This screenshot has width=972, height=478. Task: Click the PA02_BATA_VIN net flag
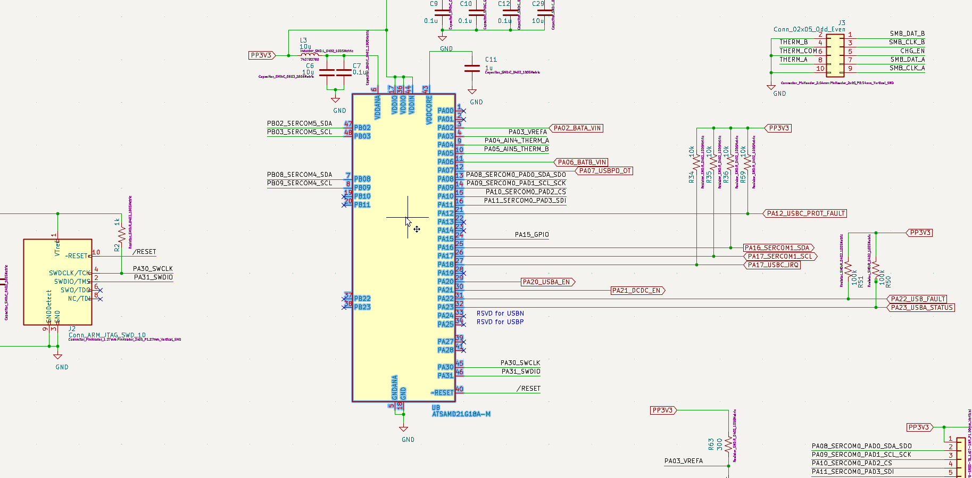pyautogui.click(x=577, y=128)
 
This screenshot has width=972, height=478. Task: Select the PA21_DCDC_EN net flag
pyautogui.click(x=637, y=291)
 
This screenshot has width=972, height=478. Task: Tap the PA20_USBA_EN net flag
pyautogui.click(x=547, y=282)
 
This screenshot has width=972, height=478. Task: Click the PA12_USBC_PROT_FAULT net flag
pyautogui.click(x=805, y=213)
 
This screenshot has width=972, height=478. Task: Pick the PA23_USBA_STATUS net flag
pyautogui.click(x=921, y=308)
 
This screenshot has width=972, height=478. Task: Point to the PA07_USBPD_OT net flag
pyautogui.click(x=605, y=171)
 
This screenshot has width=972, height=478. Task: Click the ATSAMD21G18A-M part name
pyautogui.click(x=461, y=414)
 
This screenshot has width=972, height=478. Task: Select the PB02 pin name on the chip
pyautogui.click(x=362, y=128)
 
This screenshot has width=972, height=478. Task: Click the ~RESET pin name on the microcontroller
pyautogui.click(x=443, y=393)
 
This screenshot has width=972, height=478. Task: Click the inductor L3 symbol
pyautogui.click(x=310, y=55)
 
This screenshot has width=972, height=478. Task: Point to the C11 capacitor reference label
pyautogui.click(x=491, y=60)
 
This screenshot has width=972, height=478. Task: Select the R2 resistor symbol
pyautogui.click(x=122, y=234)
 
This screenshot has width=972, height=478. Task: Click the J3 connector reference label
pyautogui.click(x=842, y=23)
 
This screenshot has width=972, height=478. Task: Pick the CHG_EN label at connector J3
pyautogui.click(x=912, y=51)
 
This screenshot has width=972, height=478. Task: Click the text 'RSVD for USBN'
pyautogui.click(x=500, y=314)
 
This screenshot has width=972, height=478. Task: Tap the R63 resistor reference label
pyautogui.click(x=711, y=444)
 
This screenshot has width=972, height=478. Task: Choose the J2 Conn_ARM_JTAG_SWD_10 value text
pyautogui.click(x=107, y=335)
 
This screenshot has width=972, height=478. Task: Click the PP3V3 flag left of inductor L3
pyautogui.click(x=261, y=55)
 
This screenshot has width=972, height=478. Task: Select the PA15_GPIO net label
pyautogui.click(x=531, y=235)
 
